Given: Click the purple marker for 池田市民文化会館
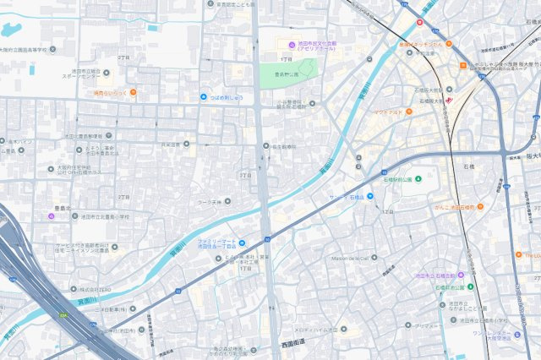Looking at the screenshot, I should [x=292, y=45].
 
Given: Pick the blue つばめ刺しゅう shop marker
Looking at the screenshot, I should [x=204, y=97].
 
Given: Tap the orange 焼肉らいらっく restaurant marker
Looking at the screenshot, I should [x=133, y=91].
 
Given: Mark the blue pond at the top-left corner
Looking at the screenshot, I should [x=10, y=30].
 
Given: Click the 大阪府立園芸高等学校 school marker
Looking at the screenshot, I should [x=52, y=50].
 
